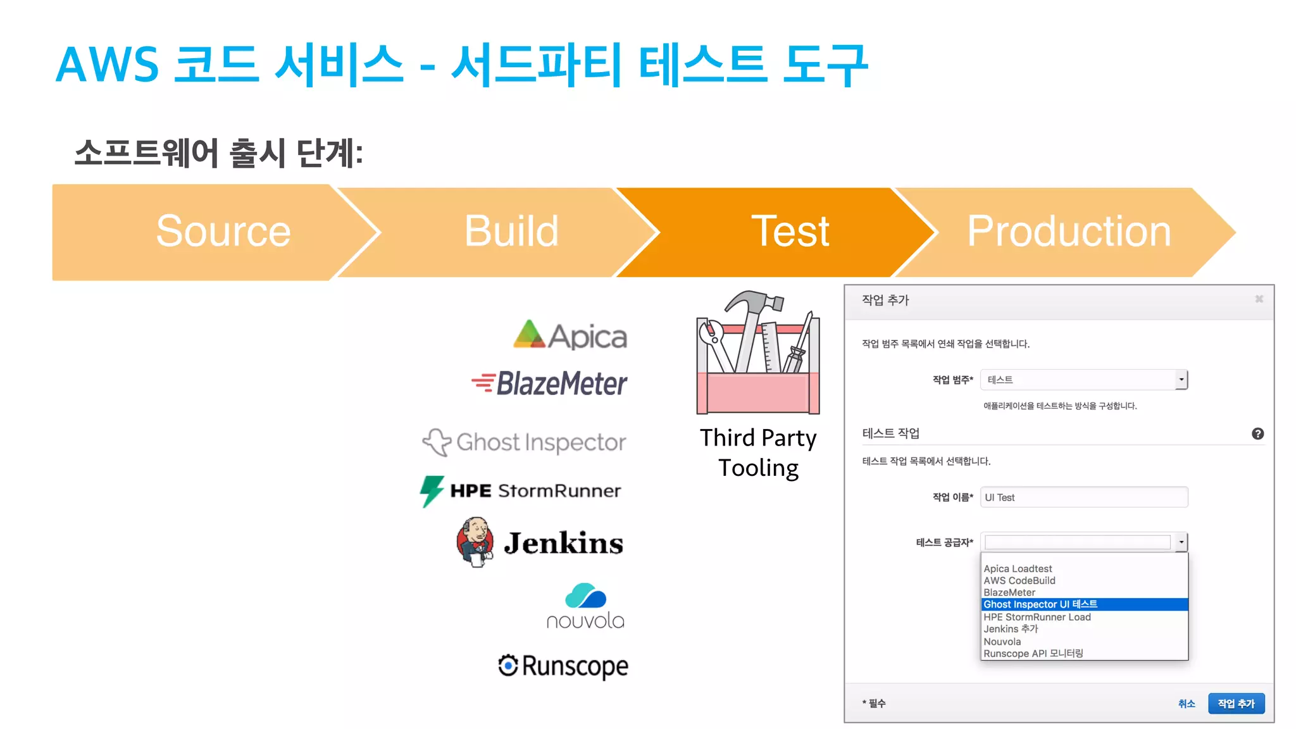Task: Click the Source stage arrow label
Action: pos(223,232)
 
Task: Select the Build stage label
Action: pos(511,232)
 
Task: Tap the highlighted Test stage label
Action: pos(790,232)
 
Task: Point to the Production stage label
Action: pos(1069,232)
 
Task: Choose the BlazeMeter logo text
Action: pos(561,383)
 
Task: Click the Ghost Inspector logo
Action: pos(525,442)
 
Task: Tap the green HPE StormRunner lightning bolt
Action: pos(432,490)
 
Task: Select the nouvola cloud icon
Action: pos(585,596)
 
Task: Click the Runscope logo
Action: pos(563,666)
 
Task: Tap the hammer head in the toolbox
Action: pos(757,301)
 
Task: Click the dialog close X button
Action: pos(1259,299)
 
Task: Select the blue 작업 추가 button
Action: pos(1236,704)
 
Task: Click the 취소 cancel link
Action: pos(1187,704)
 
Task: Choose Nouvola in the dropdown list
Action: pos(1002,642)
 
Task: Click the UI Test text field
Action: pos(1083,497)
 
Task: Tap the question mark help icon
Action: pos(1257,433)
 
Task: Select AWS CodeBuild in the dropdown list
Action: pos(1019,580)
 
